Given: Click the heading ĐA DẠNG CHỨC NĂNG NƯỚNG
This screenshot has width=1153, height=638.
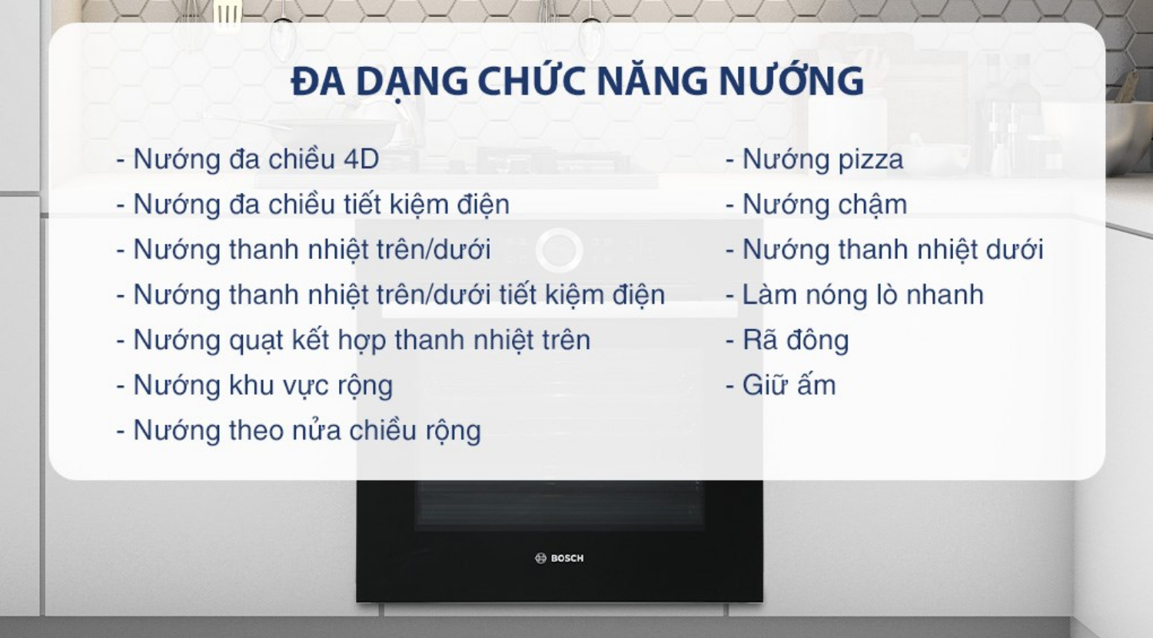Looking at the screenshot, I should (x=576, y=81).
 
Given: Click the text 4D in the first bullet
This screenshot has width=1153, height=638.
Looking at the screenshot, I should (x=361, y=159).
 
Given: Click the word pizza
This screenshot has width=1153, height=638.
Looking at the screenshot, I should (x=870, y=160).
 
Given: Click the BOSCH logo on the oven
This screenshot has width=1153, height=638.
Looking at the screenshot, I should (x=560, y=558).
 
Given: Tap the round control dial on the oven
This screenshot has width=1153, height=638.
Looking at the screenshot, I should (x=559, y=251).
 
